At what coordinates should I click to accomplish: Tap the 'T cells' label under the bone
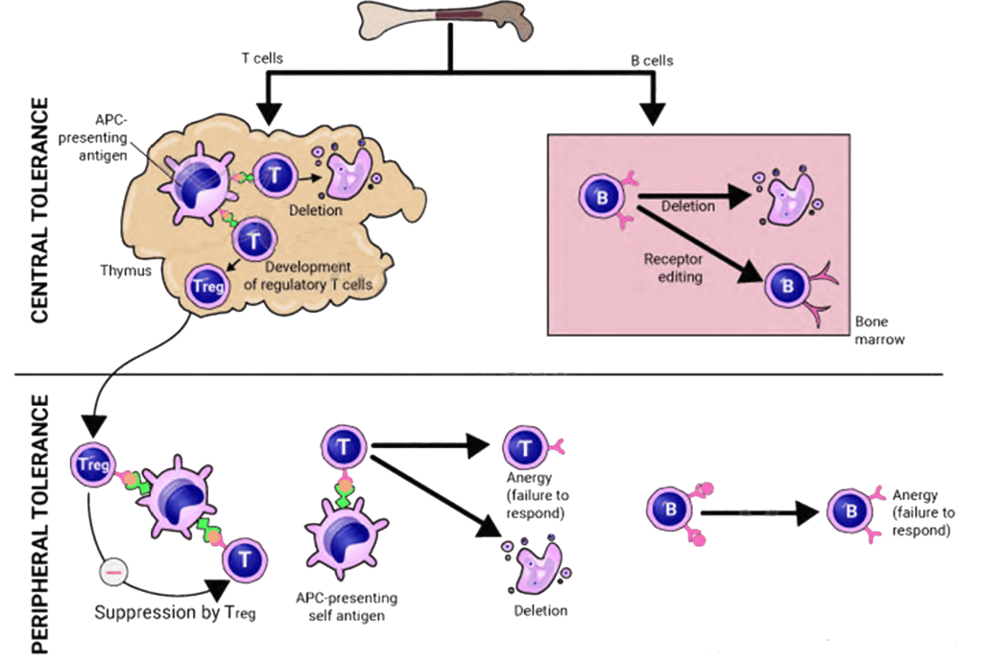(261, 59)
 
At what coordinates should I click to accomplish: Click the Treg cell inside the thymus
(207, 286)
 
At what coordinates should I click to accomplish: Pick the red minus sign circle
(112, 573)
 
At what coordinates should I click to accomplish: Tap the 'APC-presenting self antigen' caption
(347, 606)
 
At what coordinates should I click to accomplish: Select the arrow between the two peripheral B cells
(757, 513)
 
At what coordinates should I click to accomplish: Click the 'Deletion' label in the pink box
(687, 206)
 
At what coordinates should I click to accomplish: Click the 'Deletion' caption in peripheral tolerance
(540, 609)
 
